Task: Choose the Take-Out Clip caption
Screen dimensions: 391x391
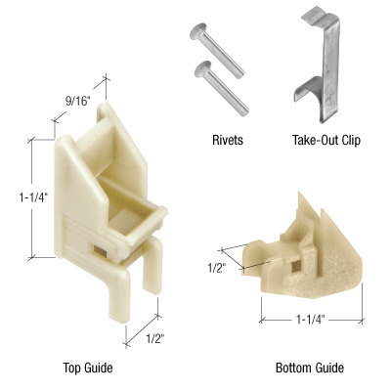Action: (x=326, y=140)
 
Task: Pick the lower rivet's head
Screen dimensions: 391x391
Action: (x=202, y=69)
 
